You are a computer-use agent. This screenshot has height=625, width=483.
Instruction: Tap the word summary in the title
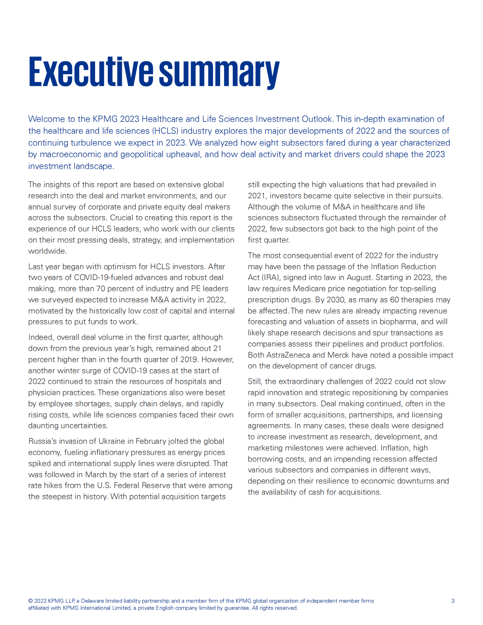coord(219,72)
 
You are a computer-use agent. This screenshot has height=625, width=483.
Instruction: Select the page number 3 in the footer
coord(453,601)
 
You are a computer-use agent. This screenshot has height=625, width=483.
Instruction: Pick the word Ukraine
coord(112,441)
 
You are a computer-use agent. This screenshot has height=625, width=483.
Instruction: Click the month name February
coord(150,441)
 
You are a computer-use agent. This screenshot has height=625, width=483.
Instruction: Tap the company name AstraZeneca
coord(288,355)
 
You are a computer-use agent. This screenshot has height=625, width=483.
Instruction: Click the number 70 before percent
coord(101,289)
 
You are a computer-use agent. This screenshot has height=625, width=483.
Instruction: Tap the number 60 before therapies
coord(395,300)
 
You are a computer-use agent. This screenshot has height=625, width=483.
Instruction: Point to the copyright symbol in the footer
coord(30,601)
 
